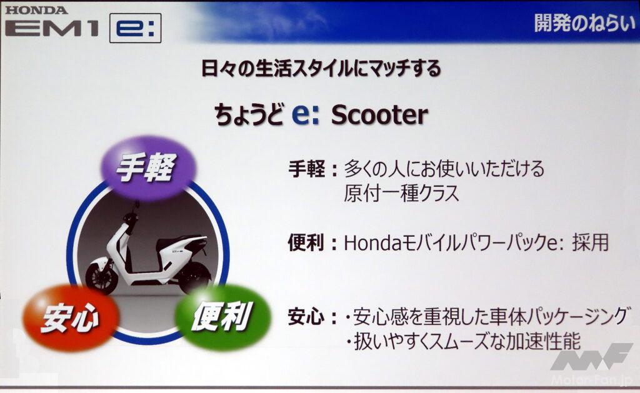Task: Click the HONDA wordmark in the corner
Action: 36,10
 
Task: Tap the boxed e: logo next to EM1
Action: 136,28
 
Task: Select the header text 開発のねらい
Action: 584,22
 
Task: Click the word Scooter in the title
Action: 379,115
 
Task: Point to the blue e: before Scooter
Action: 305,115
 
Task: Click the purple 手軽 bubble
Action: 147,167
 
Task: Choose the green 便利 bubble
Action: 222,317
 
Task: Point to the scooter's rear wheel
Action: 195,277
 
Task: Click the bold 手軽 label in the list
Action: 306,169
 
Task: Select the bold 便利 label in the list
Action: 306,243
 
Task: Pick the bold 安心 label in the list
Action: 306,317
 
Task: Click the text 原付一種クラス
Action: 401,194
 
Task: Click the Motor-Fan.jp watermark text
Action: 591,381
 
